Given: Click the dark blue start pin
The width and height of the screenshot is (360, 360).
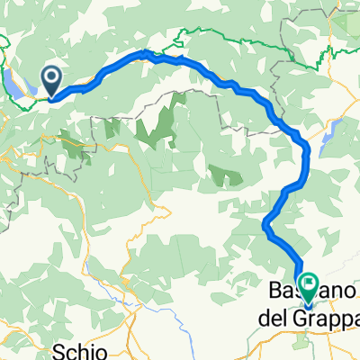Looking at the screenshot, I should tap(53, 81).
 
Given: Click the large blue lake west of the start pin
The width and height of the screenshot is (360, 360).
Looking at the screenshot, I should tap(20, 85).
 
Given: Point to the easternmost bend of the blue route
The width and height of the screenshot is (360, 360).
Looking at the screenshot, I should tap(307, 148).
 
